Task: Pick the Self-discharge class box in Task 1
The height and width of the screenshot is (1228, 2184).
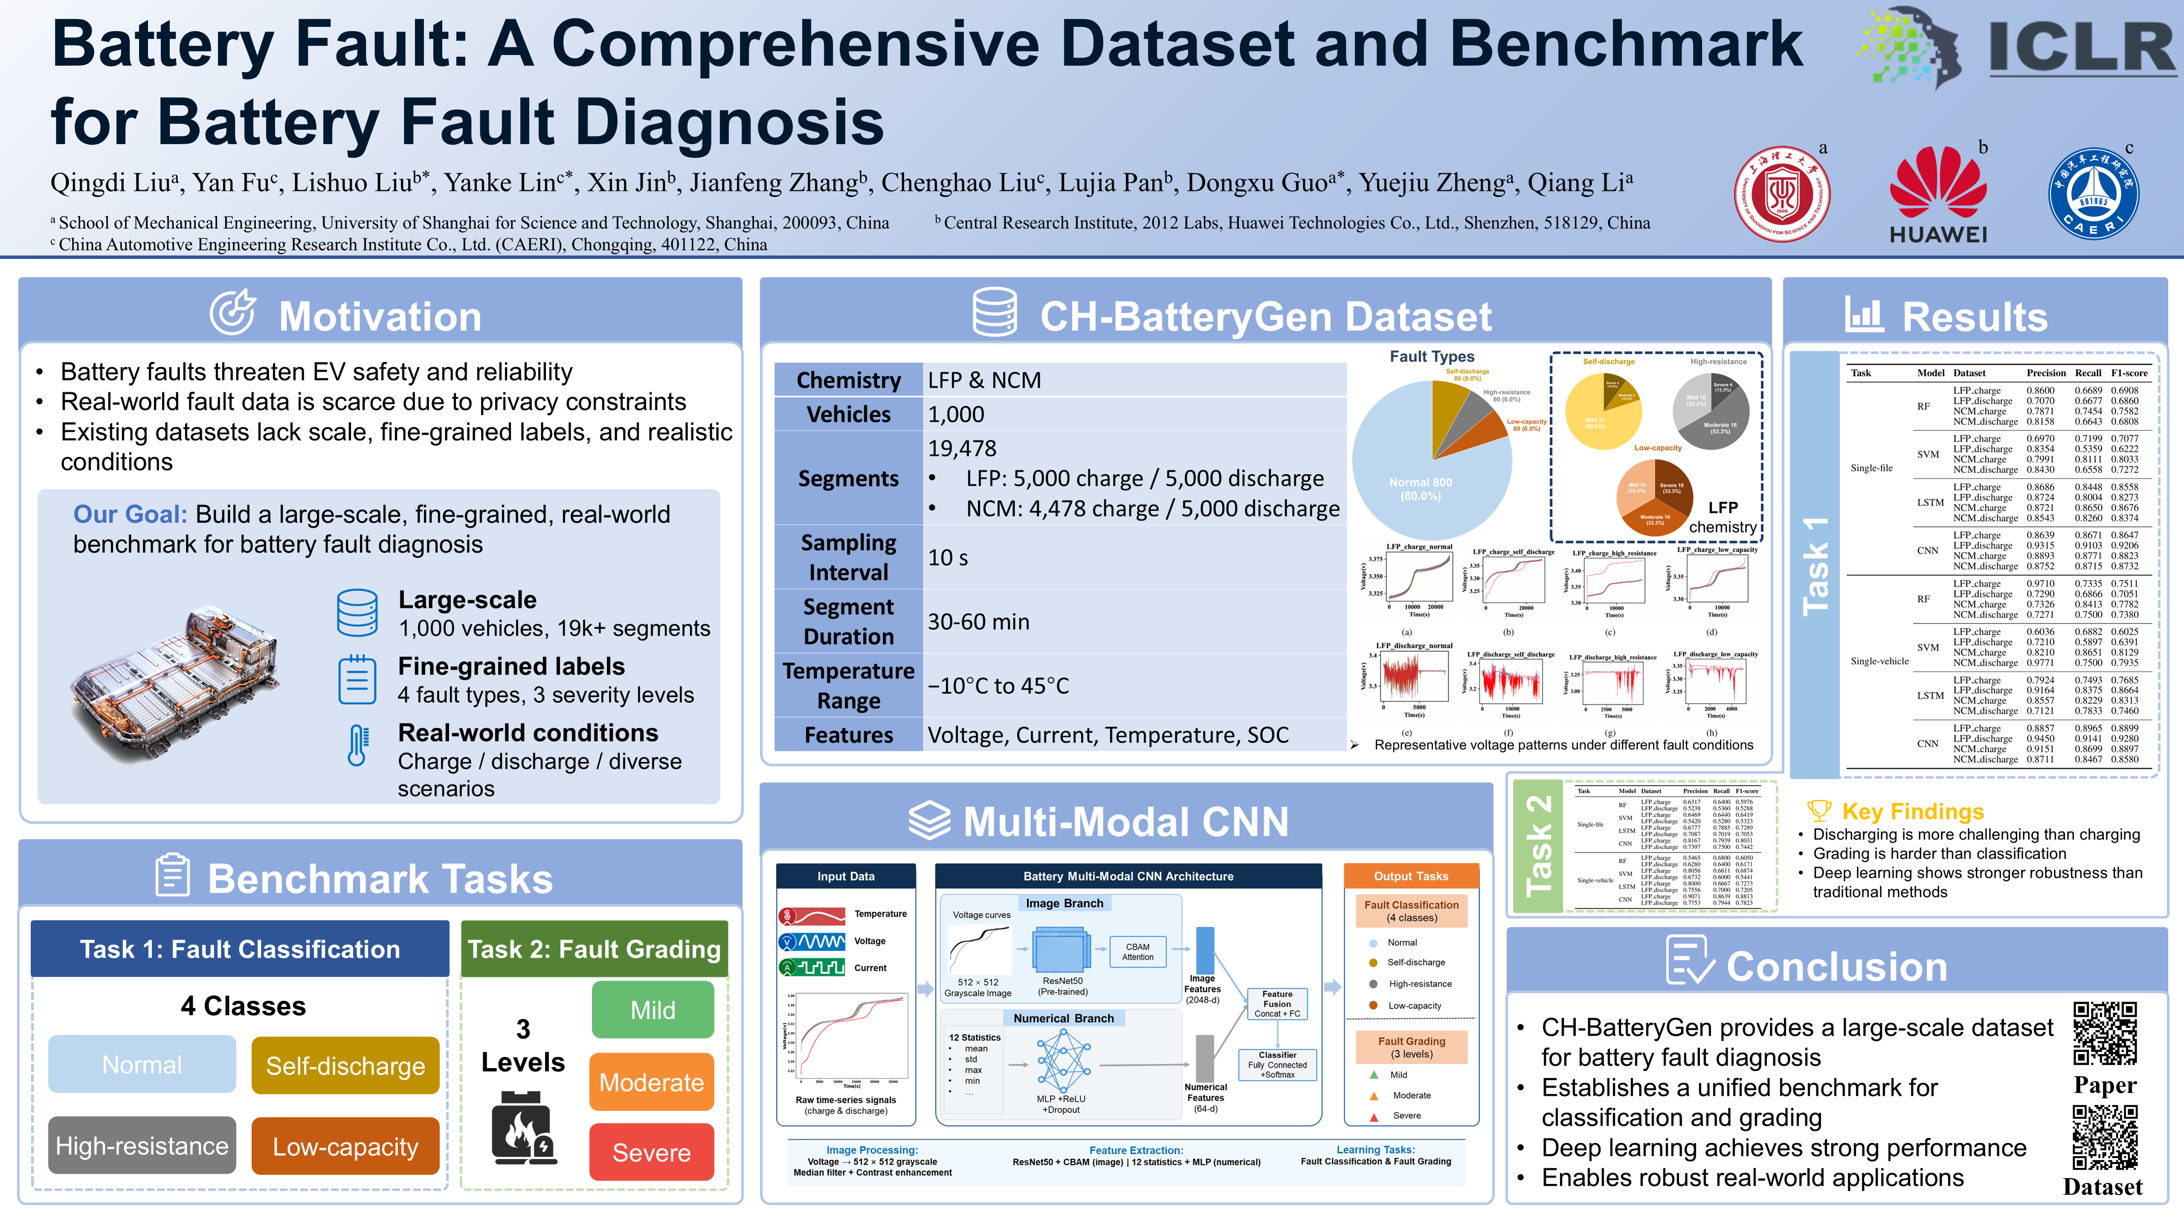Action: coord(345,1065)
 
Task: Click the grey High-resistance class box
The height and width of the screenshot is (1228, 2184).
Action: coord(142,1146)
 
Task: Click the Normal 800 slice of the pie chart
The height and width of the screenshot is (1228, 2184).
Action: coord(1420,488)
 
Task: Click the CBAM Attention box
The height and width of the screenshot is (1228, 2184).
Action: coord(1138,952)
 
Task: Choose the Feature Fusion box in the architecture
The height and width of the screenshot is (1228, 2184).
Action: coord(1277,1003)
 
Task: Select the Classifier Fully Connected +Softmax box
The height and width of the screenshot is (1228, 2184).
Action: coord(1277,1065)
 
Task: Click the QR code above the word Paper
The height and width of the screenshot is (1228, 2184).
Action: coord(2104,1033)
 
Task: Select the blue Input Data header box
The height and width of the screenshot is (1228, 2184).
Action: coord(845,876)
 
